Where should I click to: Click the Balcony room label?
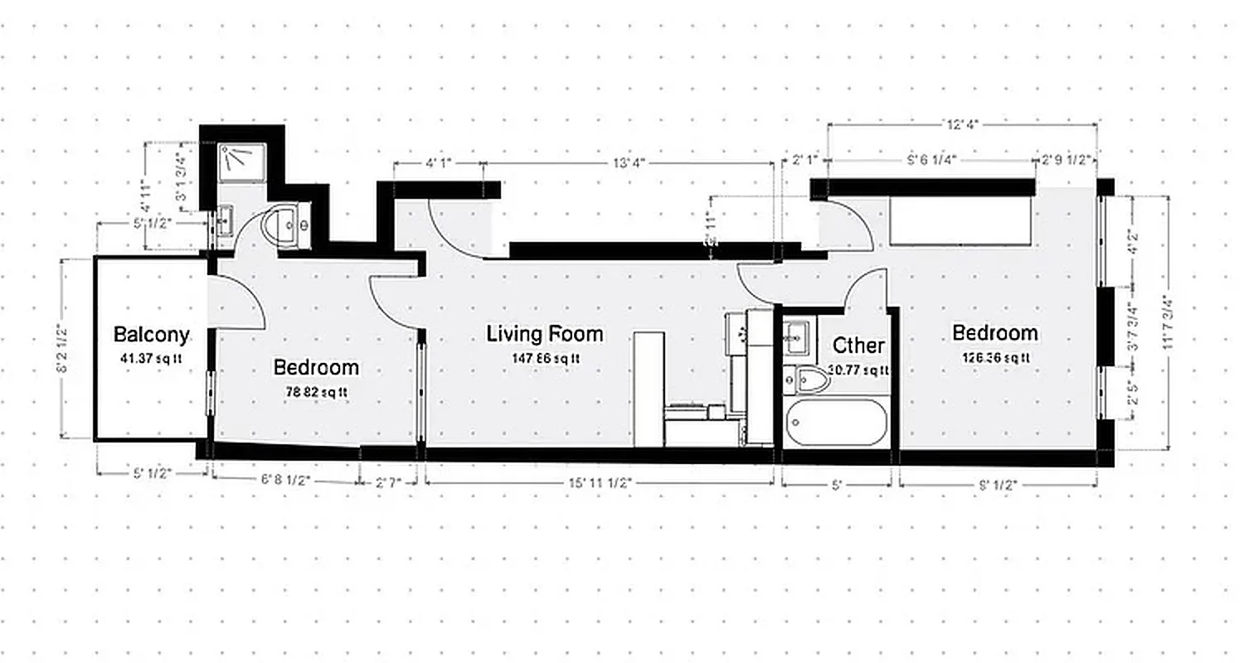(x=151, y=335)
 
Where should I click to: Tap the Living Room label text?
(x=545, y=334)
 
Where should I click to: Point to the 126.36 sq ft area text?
(x=994, y=358)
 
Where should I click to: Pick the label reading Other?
(x=858, y=345)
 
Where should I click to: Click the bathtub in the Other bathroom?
(x=836, y=423)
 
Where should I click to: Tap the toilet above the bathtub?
(x=809, y=380)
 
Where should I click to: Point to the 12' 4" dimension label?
(x=962, y=125)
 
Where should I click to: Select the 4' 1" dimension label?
(x=440, y=163)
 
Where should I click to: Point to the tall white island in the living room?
(x=649, y=389)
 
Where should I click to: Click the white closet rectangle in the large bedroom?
(x=960, y=221)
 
